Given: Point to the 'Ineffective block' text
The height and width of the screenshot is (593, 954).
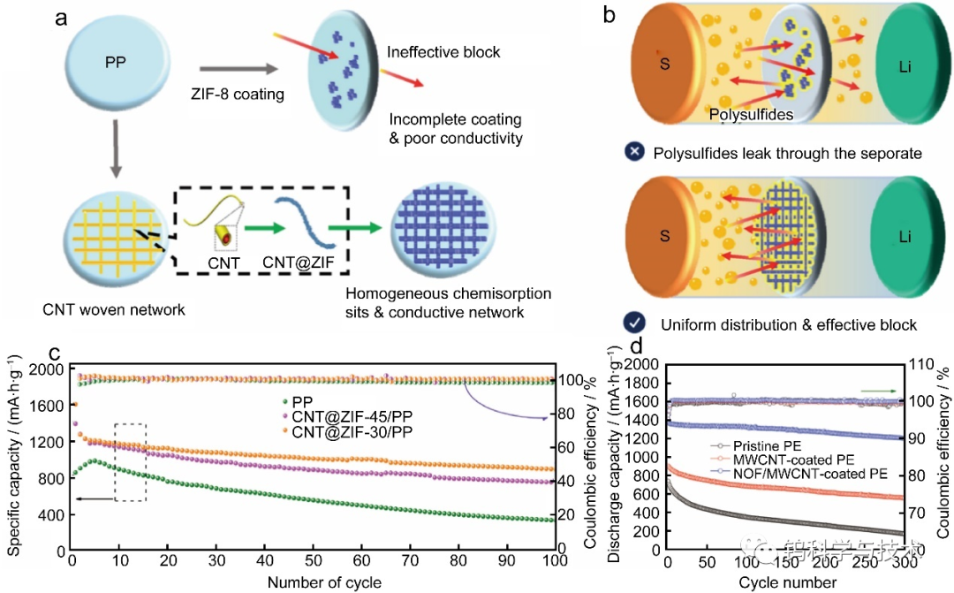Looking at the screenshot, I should tap(443, 52).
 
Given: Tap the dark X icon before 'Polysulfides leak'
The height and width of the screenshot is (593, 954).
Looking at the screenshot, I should tap(633, 153).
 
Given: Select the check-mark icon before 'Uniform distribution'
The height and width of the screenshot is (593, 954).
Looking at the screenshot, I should tap(633, 324).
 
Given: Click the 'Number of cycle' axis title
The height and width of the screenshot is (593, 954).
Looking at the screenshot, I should tap(324, 582).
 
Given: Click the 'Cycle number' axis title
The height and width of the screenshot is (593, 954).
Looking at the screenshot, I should tap(787, 582).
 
